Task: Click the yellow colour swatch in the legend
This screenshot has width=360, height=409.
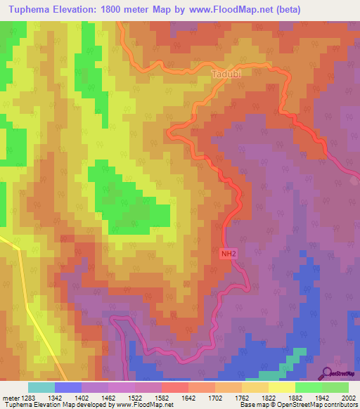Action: point(281,387)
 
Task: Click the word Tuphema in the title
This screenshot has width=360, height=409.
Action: point(27,10)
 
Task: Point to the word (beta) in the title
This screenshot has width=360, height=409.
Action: point(300,10)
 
